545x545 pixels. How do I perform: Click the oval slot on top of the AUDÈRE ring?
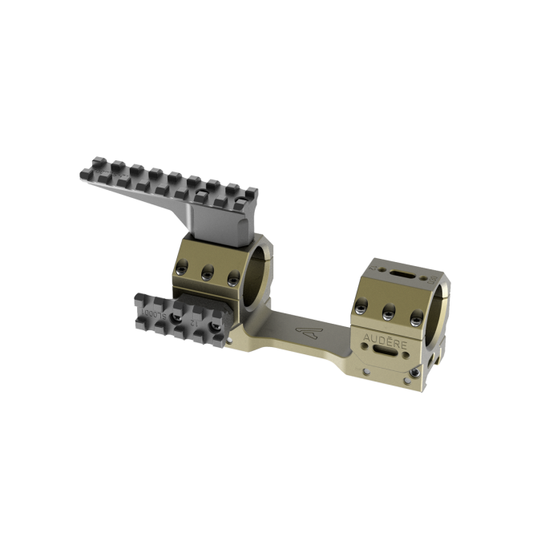[402, 273]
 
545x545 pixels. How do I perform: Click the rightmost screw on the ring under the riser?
[233, 278]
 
